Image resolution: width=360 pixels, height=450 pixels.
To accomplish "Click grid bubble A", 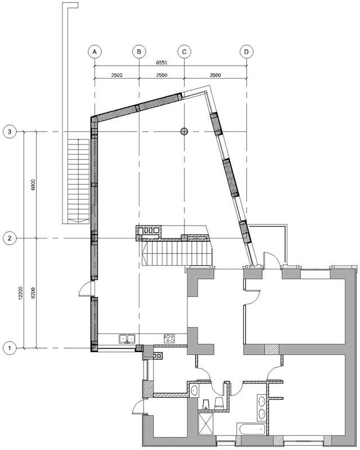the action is (94, 52).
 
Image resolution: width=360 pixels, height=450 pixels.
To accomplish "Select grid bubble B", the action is (139, 52).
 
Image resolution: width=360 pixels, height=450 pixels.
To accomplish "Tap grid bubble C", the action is (184, 52).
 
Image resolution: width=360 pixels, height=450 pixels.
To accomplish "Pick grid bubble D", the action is (246, 52).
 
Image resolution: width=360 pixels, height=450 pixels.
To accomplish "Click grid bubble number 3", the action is (10, 132).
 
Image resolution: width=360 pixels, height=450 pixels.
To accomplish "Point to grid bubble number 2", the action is (10, 238).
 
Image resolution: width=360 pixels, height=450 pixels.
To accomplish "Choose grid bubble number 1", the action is (10, 348).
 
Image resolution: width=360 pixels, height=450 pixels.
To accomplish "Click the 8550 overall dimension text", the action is (161, 62).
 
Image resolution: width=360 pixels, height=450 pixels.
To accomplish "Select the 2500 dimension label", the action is (117, 75).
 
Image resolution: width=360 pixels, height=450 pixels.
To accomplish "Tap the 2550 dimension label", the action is (161, 75).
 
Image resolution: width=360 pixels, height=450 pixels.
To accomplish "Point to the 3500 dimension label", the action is (215, 75).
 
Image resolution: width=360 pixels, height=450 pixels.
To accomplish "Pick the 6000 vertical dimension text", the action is (33, 185).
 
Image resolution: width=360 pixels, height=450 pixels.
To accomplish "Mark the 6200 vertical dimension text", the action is (33, 293).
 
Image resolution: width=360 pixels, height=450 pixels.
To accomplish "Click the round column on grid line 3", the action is (184, 132).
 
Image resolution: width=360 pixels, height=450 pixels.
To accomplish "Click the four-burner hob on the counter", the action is (169, 339).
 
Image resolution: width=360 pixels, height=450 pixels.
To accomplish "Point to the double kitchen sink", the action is (127, 339).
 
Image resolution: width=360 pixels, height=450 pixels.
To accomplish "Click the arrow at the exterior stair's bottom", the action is (78, 220).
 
